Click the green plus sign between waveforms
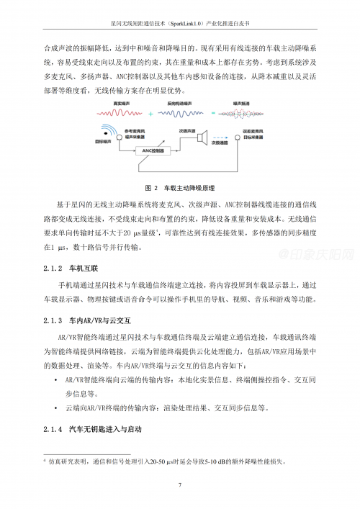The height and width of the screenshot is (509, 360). click(151, 114)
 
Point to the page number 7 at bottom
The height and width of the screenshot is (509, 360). click(179, 485)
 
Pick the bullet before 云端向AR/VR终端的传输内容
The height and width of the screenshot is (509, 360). click(56, 408)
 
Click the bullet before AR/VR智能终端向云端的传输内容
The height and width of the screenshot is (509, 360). click(56, 379)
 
